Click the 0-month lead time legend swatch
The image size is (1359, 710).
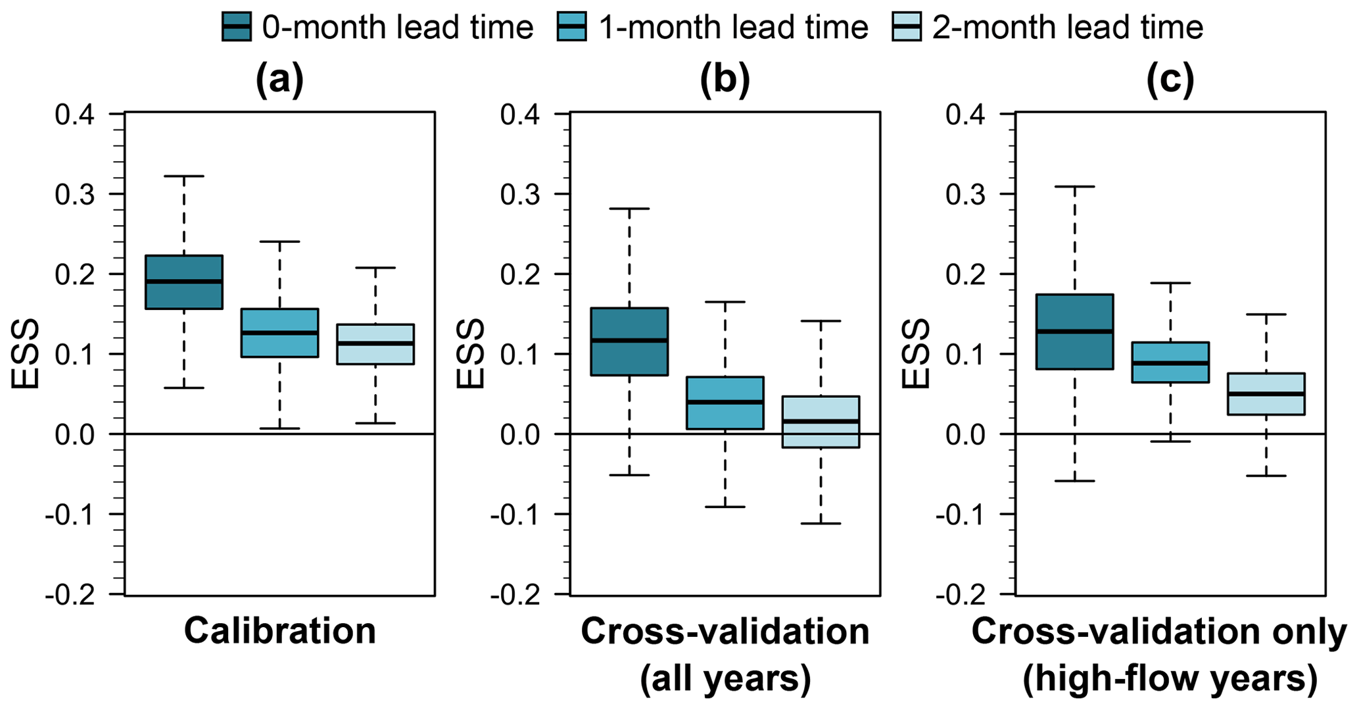pos(236,27)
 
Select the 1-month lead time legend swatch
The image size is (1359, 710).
pos(571,27)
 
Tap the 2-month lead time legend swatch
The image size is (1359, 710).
pos(907,27)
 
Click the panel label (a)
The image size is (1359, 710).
pos(279,80)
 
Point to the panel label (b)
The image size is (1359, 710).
pos(725,80)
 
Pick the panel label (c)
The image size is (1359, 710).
pos(1170,80)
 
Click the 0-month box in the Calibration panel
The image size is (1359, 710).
pos(184,282)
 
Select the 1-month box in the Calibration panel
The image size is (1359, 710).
pos(280,333)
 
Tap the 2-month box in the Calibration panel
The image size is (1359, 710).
pos(375,343)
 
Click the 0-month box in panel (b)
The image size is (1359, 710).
pos(629,341)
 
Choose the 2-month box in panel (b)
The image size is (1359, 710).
pos(821,422)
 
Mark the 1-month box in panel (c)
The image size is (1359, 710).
pos(1170,362)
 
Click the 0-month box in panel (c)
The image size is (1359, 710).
pos(1074,332)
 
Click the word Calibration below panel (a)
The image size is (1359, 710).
pos(279,631)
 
